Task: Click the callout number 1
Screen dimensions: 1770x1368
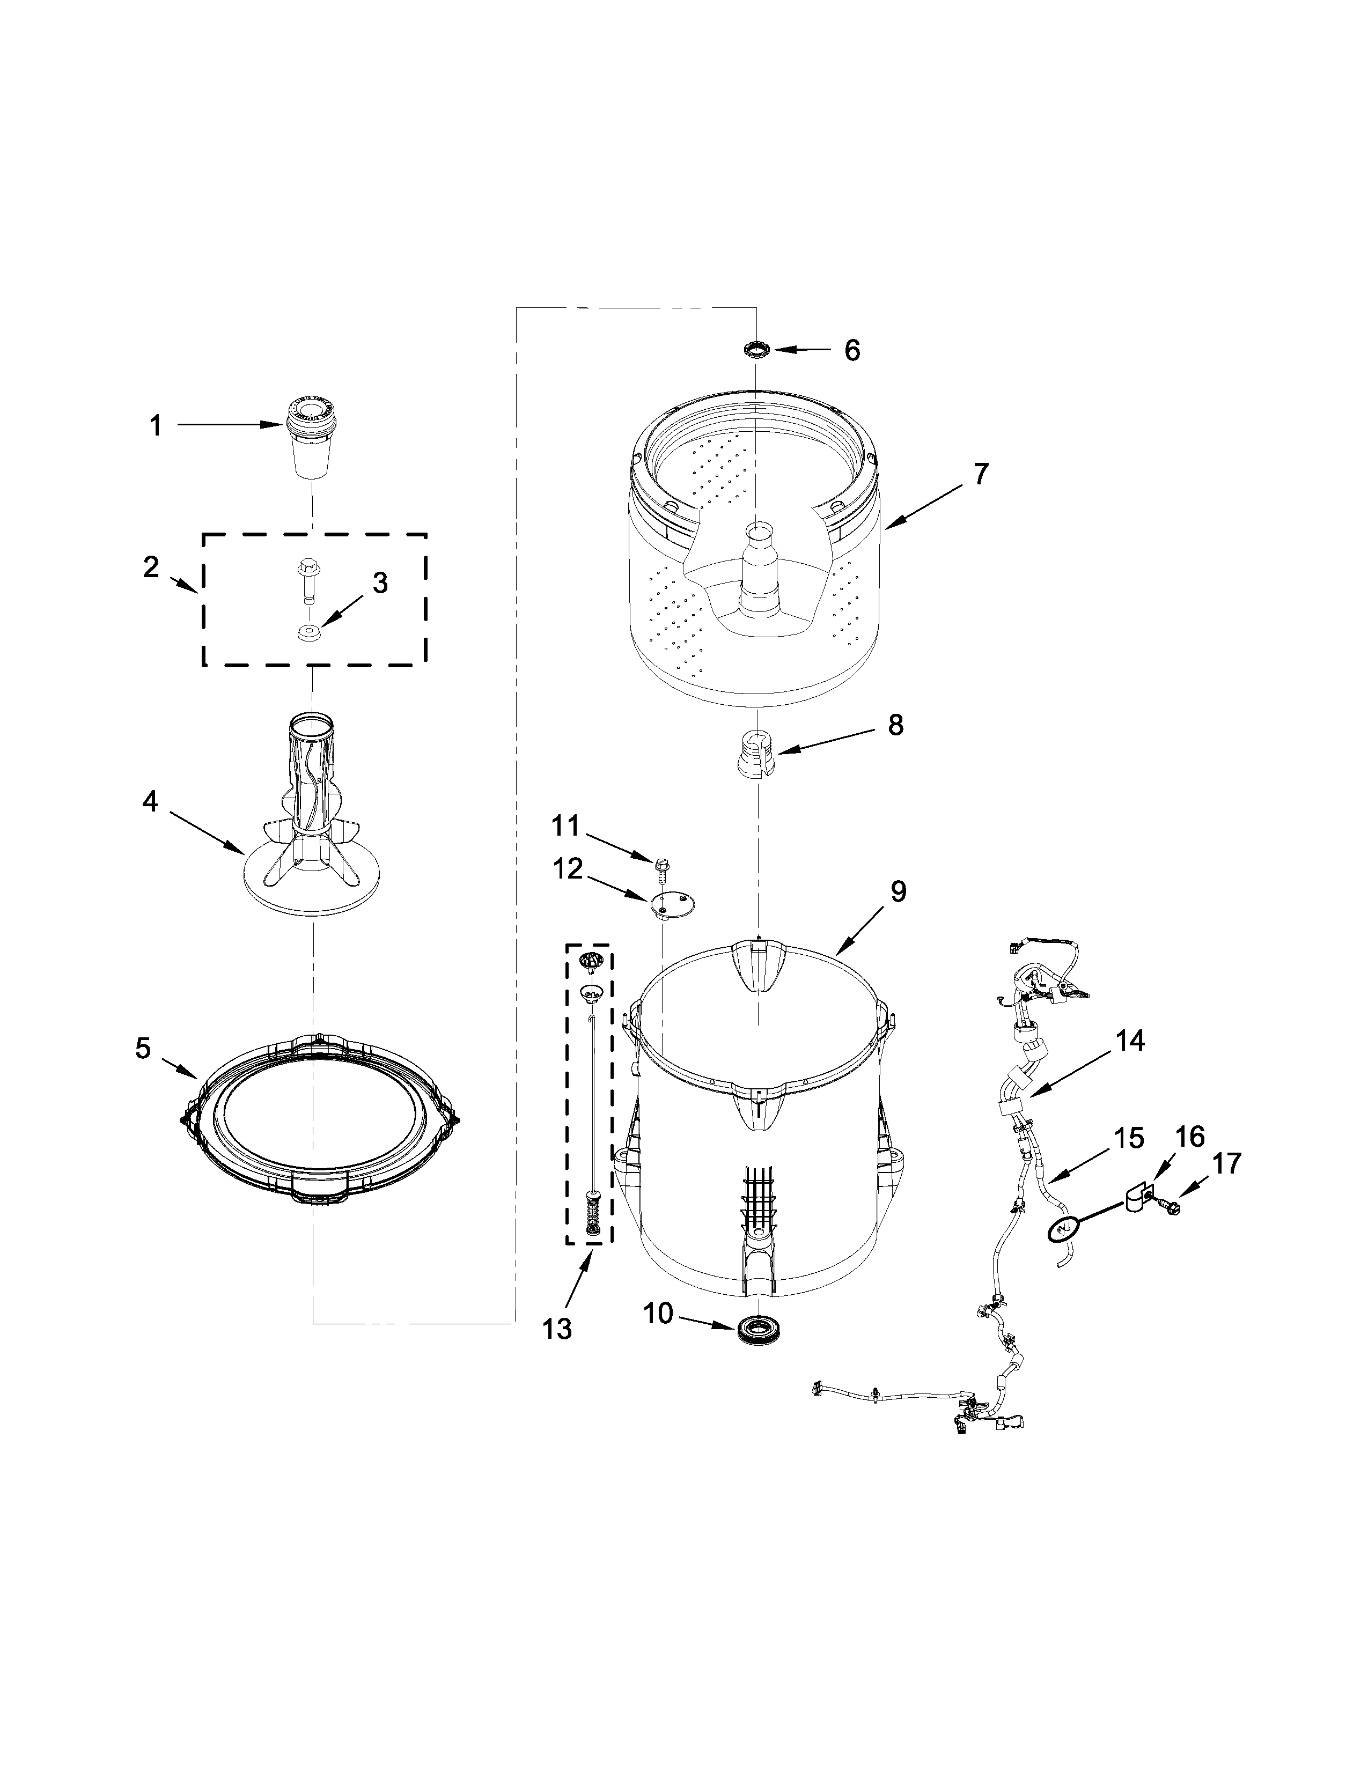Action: point(156,426)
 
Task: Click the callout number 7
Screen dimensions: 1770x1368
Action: point(981,474)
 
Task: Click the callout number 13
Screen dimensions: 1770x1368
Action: point(557,1329)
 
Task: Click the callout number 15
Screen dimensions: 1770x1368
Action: point(1128,1138)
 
